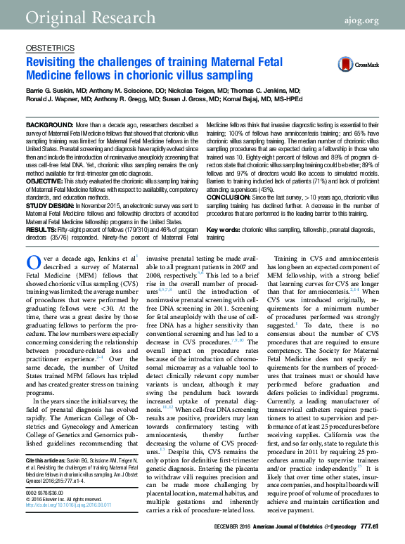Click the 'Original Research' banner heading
[x=76, y=16]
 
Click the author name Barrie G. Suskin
[x=53, y=91]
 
